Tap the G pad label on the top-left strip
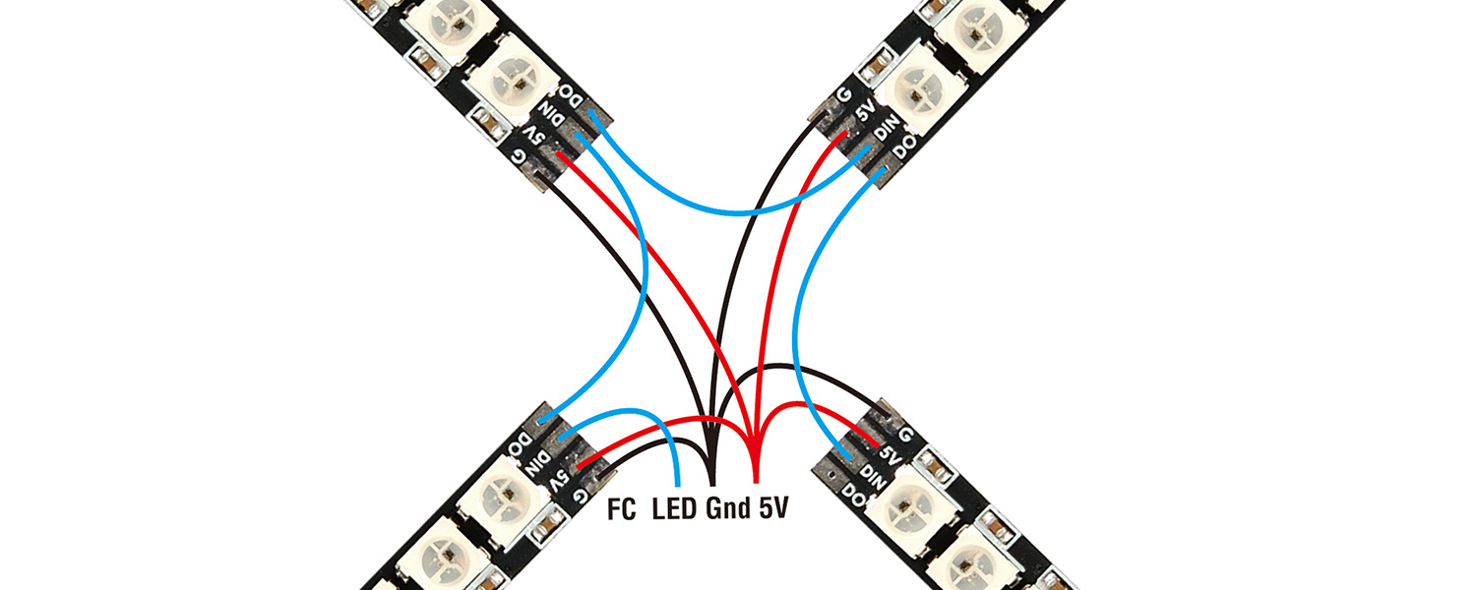point(519,155)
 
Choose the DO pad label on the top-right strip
point(902,152)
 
